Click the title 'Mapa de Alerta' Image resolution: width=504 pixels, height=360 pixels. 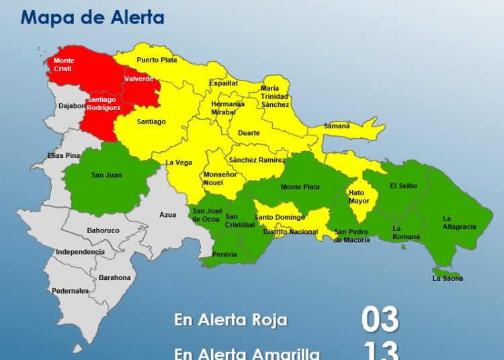click(92, 17)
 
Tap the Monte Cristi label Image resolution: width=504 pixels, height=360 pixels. click(65, 65)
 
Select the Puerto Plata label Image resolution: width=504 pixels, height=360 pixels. click(157, 60)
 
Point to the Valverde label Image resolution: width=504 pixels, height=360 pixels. click(139, 79)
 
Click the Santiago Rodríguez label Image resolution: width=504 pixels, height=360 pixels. click(103, 104)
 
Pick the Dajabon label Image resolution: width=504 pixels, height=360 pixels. click(72, 105)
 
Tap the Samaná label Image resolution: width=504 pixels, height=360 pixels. click(337, 126)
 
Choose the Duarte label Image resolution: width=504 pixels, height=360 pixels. click(249, 133)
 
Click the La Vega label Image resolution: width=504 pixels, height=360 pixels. click(179, 163)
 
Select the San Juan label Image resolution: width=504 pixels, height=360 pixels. click(107, 175)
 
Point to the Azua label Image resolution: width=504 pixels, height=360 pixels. click(168, 215)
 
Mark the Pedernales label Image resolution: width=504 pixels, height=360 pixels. click(71, 291)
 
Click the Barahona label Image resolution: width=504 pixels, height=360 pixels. click(115, 277)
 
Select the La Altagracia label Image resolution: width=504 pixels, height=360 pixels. click(459, 222)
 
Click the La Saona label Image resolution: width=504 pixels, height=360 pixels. click(448, 278)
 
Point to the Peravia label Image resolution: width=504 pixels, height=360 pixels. click(224, 254)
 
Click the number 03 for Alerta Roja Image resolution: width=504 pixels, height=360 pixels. click(380, 320)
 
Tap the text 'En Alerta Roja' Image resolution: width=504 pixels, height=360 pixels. click(230, 320)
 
